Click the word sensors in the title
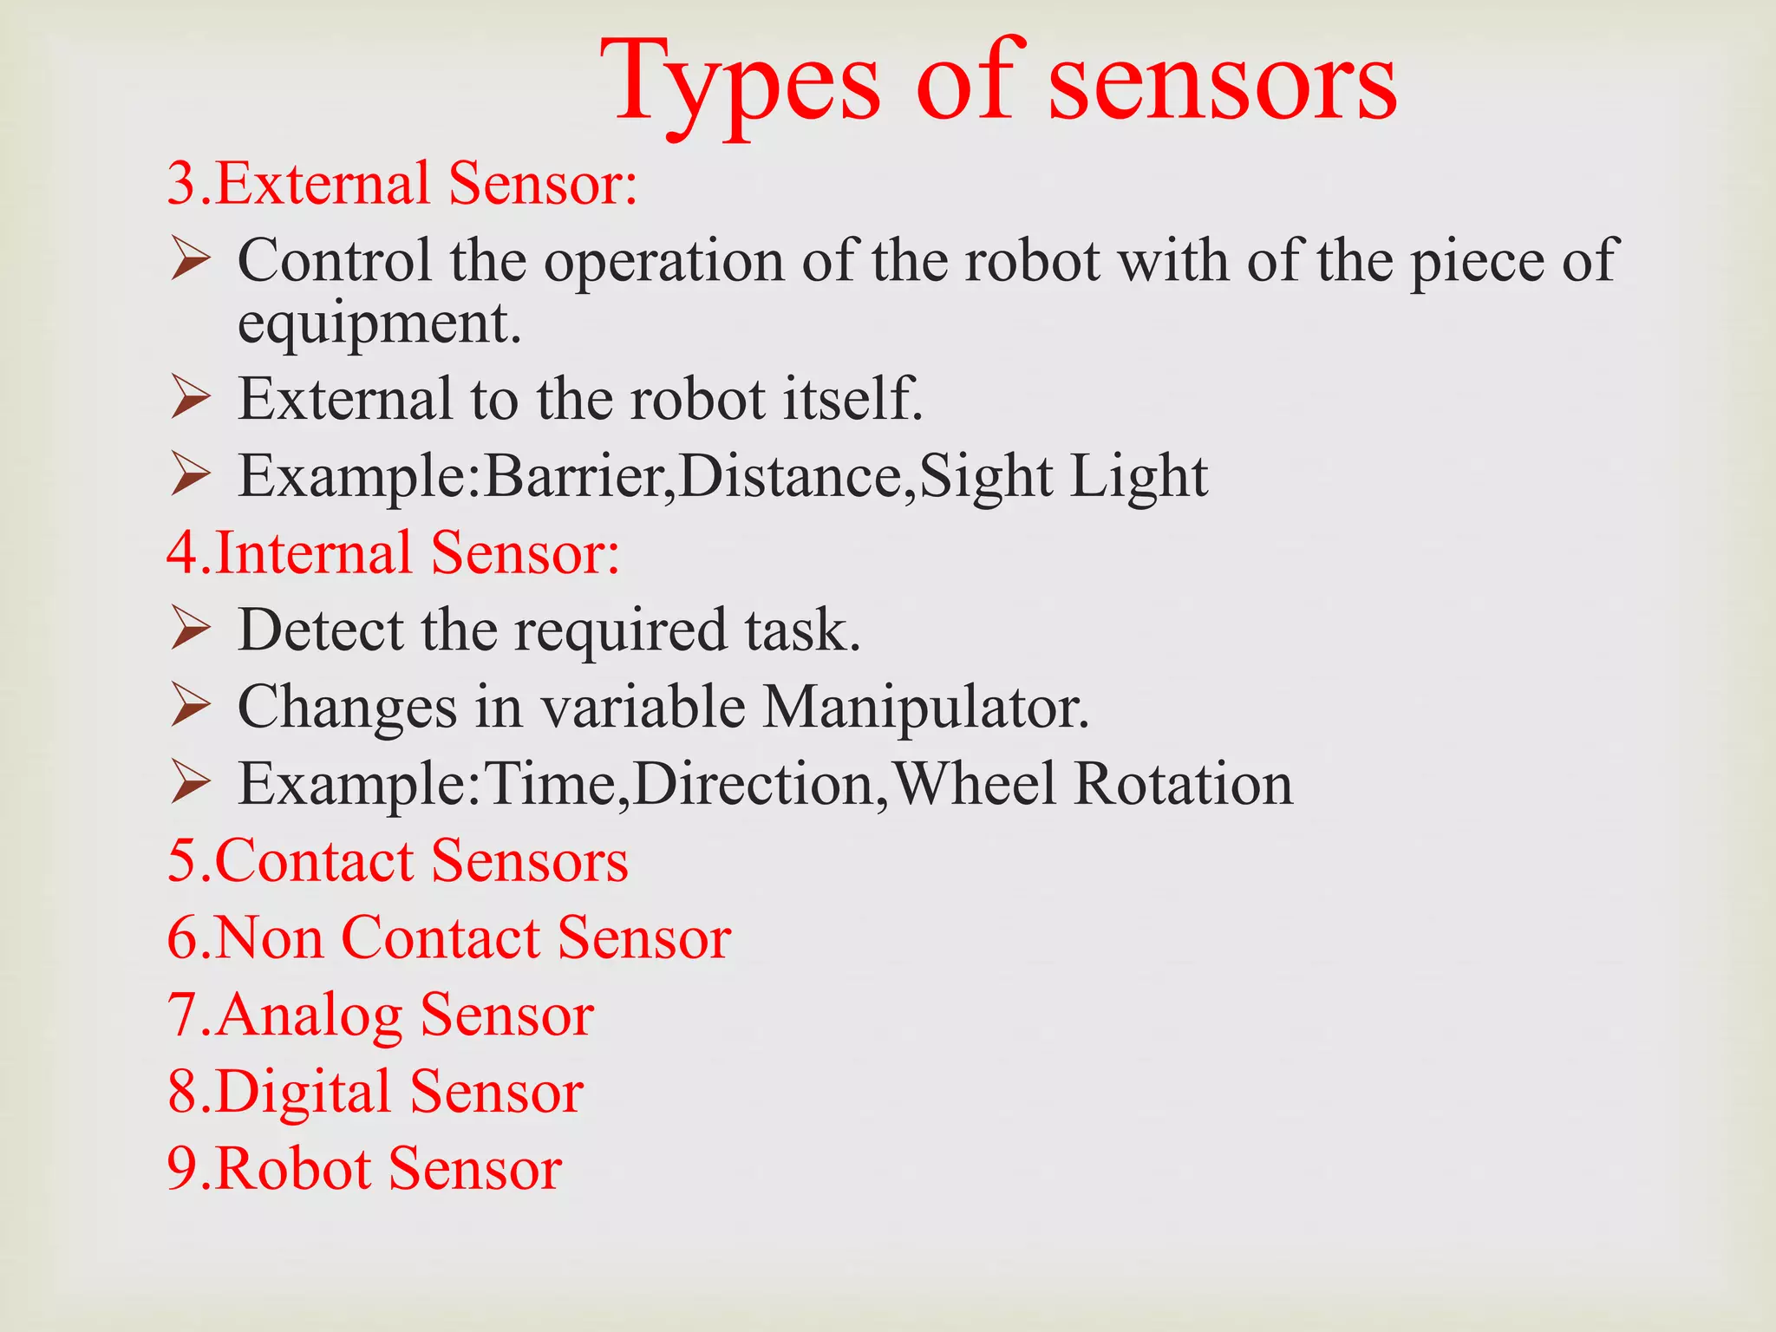point(1223,85)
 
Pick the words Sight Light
point(1062,476)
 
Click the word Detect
point(320,630)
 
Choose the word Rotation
point(1183,784)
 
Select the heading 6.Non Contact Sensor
point(449,937)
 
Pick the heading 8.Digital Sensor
point(375,1091)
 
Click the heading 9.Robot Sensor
point(365,1168)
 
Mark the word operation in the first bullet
point(663,260)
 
